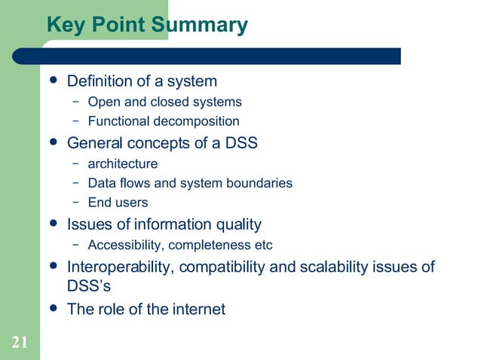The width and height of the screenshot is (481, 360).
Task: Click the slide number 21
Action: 20,344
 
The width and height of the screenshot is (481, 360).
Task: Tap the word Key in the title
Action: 66,26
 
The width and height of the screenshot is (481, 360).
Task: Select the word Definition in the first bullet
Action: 103,81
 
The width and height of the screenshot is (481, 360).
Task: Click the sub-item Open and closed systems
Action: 164,102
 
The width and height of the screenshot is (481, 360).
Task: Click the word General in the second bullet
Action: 97,142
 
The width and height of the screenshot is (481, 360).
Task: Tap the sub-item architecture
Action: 122,163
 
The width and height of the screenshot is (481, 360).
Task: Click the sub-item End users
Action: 118,203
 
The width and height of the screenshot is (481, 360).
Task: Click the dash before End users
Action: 75,203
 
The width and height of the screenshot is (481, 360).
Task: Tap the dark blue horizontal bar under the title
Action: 219,56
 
